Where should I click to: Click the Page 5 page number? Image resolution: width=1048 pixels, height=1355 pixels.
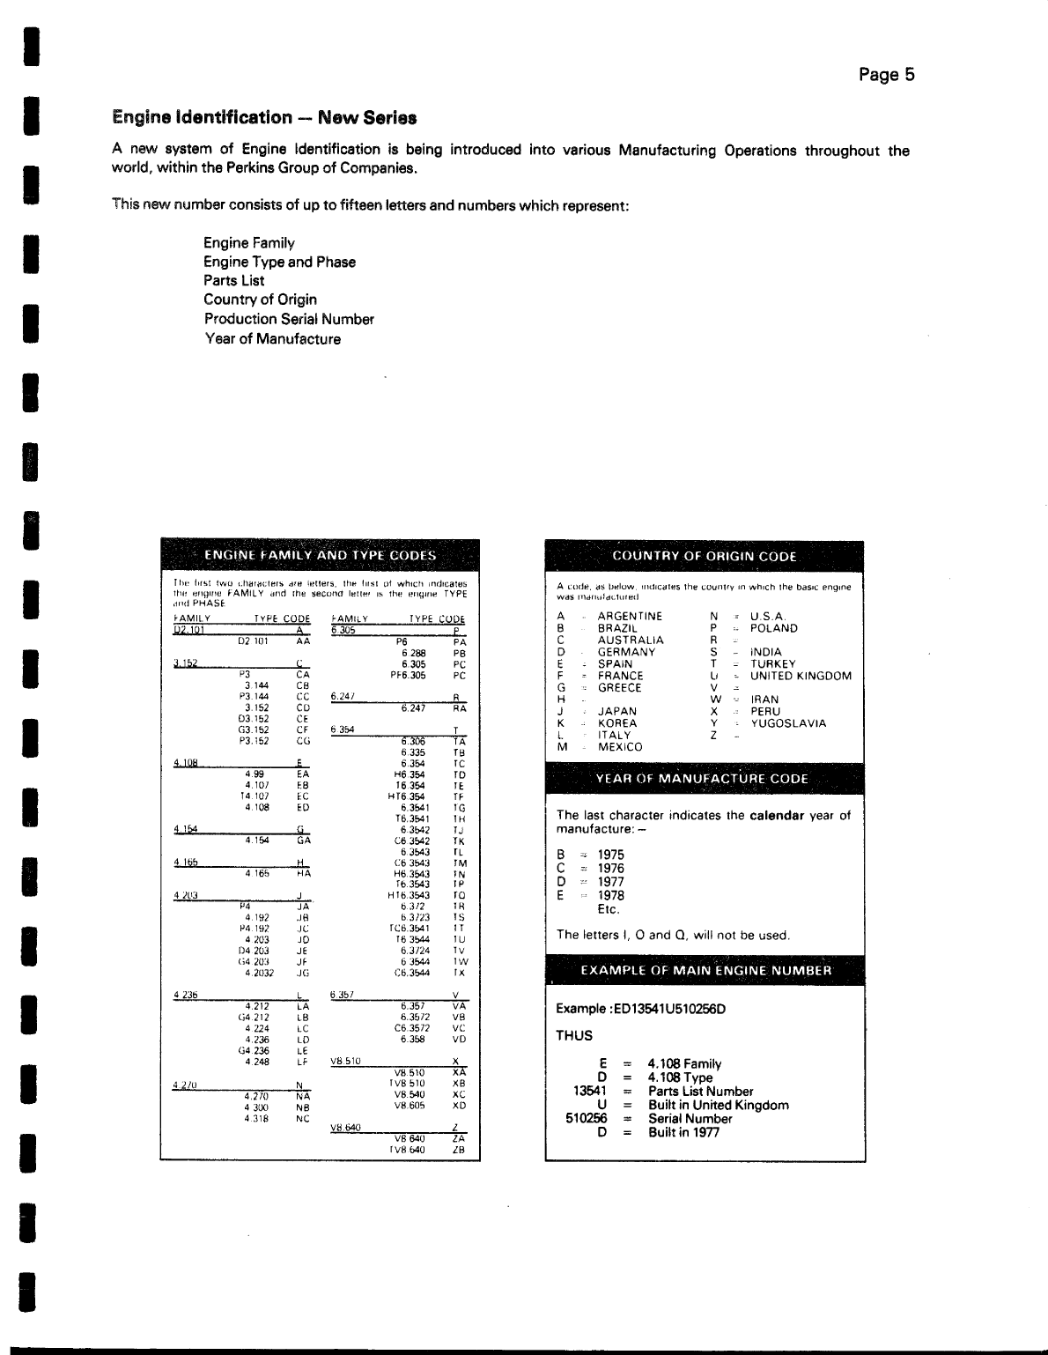pyautogui.click(x=886, y=75)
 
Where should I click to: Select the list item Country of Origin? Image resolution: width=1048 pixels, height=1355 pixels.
pyautogui.click(x=260, y=300)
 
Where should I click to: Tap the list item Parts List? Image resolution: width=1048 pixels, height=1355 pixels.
pyautogui.click(x=233, y=281)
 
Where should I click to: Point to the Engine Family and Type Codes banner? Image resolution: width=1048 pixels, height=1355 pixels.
pyautogui.click(x=320, y=555)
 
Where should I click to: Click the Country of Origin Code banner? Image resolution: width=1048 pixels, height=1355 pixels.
pyautogui.click(x=704, y=556)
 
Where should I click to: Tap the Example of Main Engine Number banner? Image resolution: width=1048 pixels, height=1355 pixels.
pyautogui.click(x=705, y=970)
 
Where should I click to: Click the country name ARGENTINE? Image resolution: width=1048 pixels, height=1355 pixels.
pyautogui.click(x=630, y=617)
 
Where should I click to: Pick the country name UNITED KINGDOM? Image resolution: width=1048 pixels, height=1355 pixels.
pyautogui.click(x=801, y=677)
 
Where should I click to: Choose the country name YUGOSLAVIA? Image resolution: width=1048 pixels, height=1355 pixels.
pyautogui.click(x=788, y=723)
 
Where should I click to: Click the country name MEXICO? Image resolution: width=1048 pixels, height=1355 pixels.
pyautogui.click(x=620, y=747)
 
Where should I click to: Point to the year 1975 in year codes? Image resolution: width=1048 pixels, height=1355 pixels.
pyautogui.click(x=610, y=855)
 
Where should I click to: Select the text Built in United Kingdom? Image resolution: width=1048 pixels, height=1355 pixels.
pyautogui.click(x=718, y=1105)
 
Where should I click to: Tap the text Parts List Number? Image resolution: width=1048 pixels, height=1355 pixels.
pyautogui.click(x=700, y=1092)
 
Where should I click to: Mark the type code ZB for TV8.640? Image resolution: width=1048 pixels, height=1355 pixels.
pyautogui.click(x=458, y=1150)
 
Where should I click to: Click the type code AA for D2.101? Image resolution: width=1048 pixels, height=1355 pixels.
pyautogui.click(x=303, y=642)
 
